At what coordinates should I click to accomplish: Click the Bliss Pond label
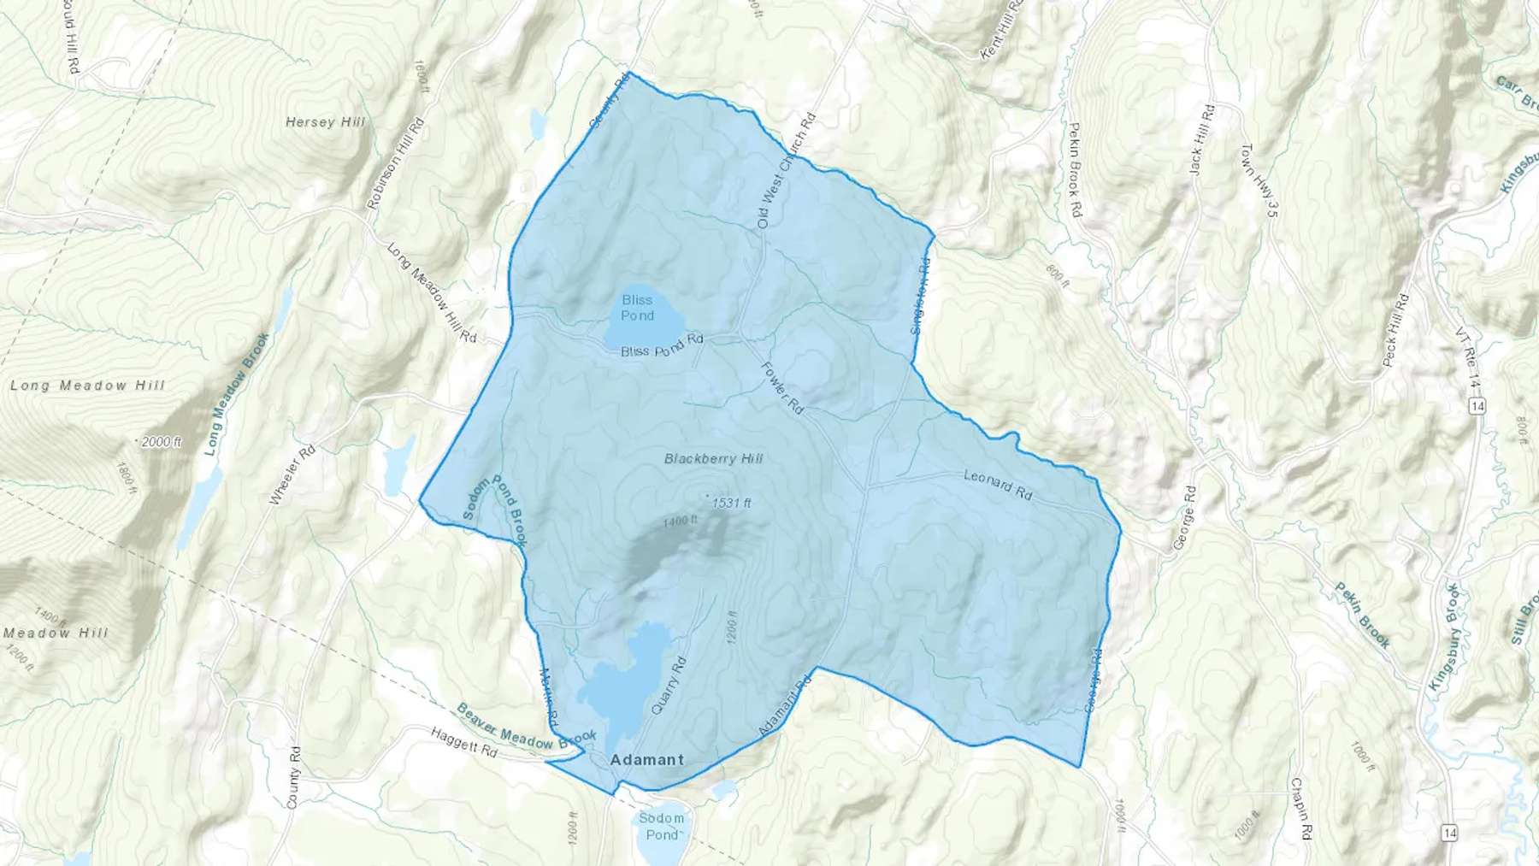click(638, 308)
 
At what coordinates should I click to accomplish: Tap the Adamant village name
click(647, 760)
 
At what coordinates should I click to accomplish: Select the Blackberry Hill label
click(713, 459)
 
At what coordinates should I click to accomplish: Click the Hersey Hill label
click(325, 122)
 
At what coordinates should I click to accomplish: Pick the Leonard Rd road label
click(998, 484)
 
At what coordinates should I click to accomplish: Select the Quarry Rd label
click(669, 685)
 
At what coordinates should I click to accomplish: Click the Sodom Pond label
click(661, 826)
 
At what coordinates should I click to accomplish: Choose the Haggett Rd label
click(463, 742)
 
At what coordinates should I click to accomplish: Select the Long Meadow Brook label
click(237, 393)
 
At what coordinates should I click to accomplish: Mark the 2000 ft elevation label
click(162, 442)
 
